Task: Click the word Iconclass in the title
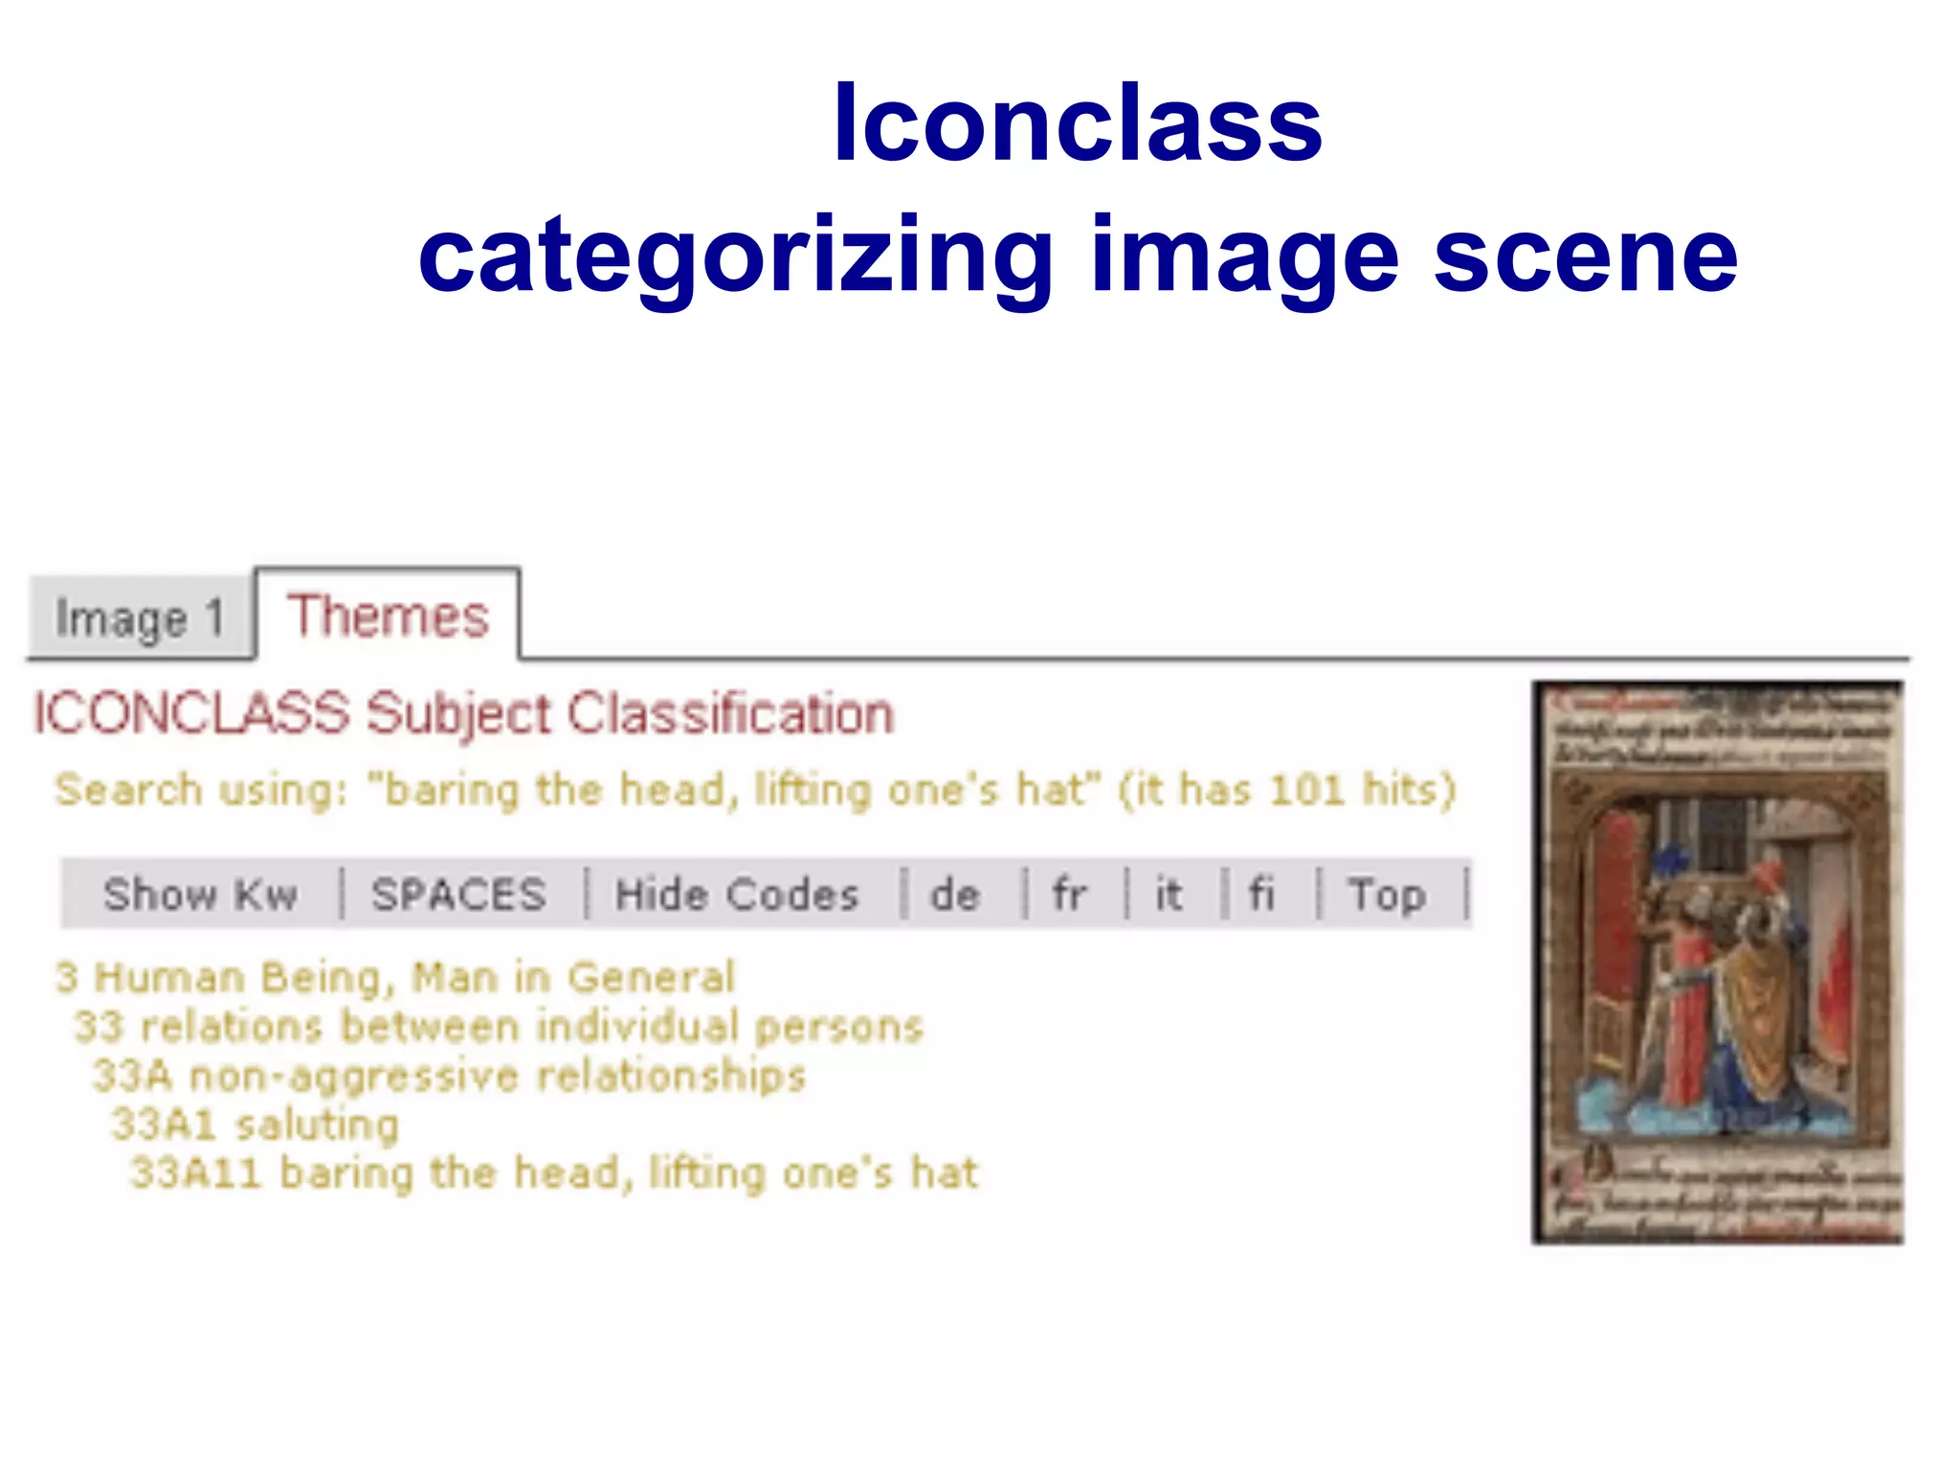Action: click(x=1077, y=124)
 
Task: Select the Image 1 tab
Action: click(x=141, y=618)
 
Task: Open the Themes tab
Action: click(x=388, y=615)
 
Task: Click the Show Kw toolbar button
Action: click(x=201, y=895)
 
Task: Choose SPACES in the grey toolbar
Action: click(x=459, y=895)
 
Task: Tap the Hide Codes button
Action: click(x=737, y=895)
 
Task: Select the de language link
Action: click(x=955, y=895)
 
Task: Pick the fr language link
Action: click(x=1069, y=895)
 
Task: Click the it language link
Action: click(x=1168, y=895)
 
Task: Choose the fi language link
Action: click(x=1261, y=895)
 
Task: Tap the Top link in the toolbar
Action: click(x=1387, y=895)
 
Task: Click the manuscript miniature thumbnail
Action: click(x=1717, y=962)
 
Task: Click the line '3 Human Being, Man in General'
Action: click(x=395, y=977)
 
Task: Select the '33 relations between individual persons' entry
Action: click(x=499, y=1026)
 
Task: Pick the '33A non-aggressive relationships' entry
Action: click(x=449, y=1076)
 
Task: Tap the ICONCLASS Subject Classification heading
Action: click(x=464, y=714)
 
